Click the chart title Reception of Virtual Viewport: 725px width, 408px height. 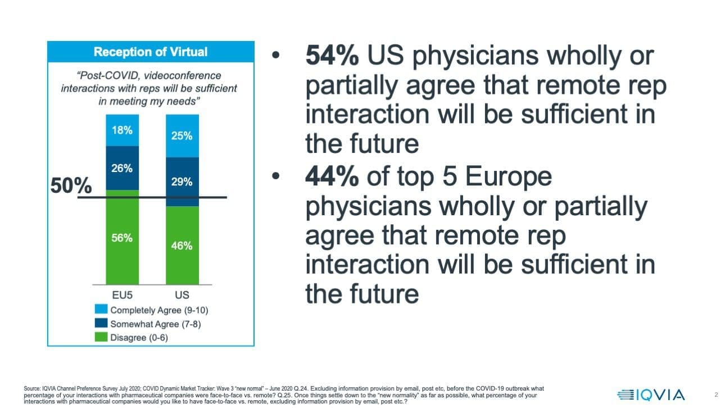click(x=150, y=52)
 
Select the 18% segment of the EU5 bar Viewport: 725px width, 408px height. click(x=122, y=130)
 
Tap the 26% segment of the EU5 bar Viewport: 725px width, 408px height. click(x=122, y=168)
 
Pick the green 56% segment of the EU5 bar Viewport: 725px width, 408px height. click(x=122, y=237)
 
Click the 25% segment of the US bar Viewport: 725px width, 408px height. click(x=182, y=135)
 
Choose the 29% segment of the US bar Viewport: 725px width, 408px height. click(x=182, y=182)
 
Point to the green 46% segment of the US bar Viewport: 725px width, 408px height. click(x=182, y=245)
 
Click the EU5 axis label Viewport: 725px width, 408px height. click(x=122, y=294)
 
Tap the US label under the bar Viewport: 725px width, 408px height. click(x=182, y=294)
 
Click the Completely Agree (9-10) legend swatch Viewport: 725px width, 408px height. click(x=101, y=310)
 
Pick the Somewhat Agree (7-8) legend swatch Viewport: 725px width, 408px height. click(x=101, y=324)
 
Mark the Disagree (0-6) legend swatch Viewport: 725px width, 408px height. click(x=101, y=337)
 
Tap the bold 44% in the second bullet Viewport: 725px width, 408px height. click(x=332, y=178)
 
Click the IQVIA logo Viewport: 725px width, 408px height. click(x=650, y=395)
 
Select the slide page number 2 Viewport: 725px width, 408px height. click(x=716, y=395)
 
